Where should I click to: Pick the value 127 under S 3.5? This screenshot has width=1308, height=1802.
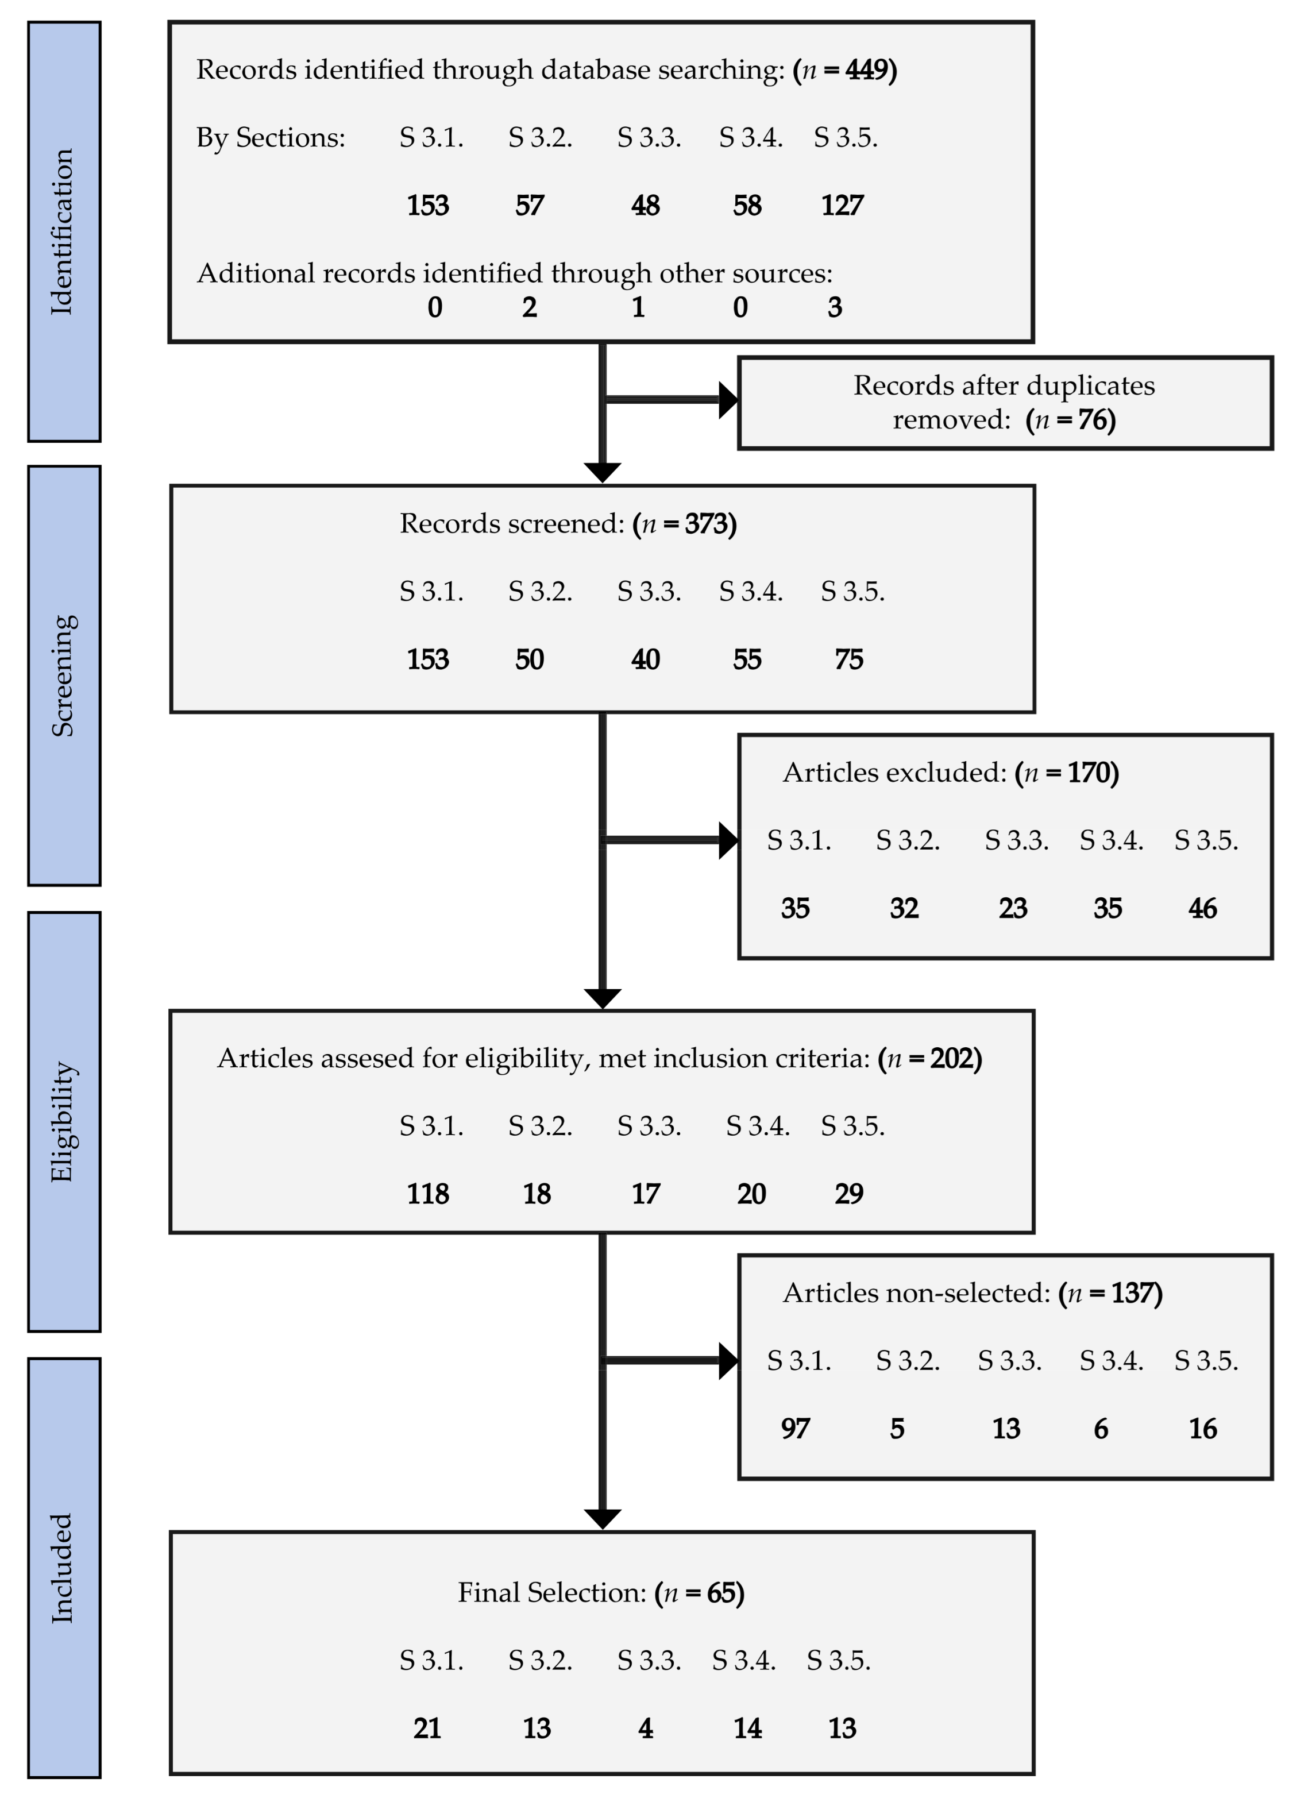(x=842, y=206)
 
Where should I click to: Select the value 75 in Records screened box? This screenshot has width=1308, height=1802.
(x=848, y=659)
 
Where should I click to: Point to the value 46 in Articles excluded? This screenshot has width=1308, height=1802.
(x=1202, y=908)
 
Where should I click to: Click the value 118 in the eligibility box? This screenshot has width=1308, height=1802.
(x=427, y=1194)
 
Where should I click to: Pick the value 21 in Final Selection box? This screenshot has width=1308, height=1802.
(x=427, y=1728)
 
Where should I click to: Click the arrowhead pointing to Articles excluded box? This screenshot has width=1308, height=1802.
(x=728, y=840)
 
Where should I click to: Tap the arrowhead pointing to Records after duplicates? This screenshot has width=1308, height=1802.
(x=728, y=400)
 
